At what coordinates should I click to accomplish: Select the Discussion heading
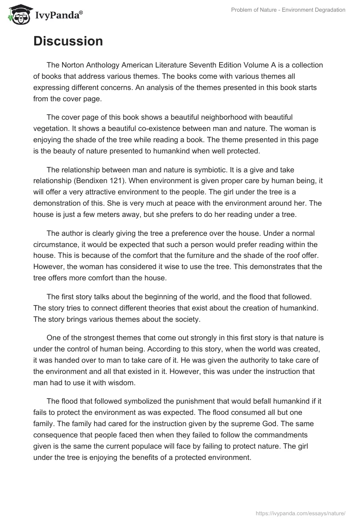[68, 41]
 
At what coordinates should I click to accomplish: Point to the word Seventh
[227, 65]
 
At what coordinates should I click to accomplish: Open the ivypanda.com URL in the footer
[301, 512]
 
